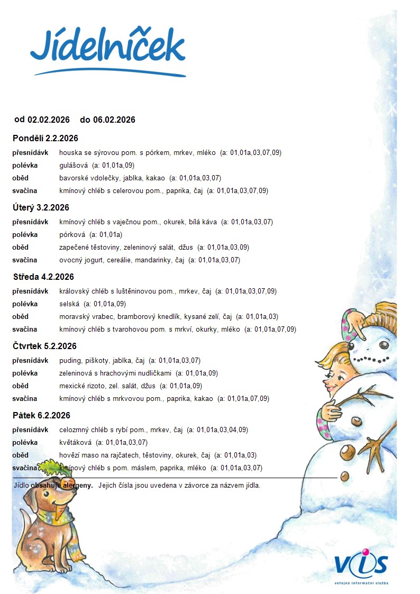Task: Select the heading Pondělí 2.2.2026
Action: [x=45, y=139]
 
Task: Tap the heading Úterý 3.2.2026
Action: [x=41, y=208]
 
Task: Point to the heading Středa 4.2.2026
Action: [x=43, y=277]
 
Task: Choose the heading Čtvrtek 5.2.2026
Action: [x=45, y=346]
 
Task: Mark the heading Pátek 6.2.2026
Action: [x=41, y=416]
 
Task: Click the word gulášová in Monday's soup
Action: [x=74, y=165]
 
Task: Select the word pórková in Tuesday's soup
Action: [x=72, y=234]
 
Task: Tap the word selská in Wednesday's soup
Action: [x=69, y=304]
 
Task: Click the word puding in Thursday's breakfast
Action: [x=69, y=361]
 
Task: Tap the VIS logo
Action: [x=361, y=564]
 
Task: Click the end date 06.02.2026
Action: [x=114, y=120]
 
